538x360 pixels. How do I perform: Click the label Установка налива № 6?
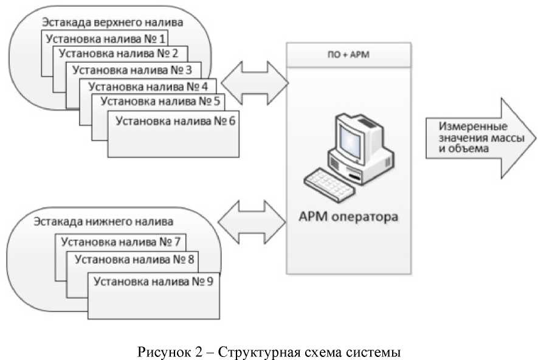[x=175, y=120]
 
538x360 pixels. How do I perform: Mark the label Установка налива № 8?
[x=134, y=259]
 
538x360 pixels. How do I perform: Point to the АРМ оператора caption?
[x=348, y=216]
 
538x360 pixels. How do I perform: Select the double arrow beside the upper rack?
[x=253, y=77]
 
